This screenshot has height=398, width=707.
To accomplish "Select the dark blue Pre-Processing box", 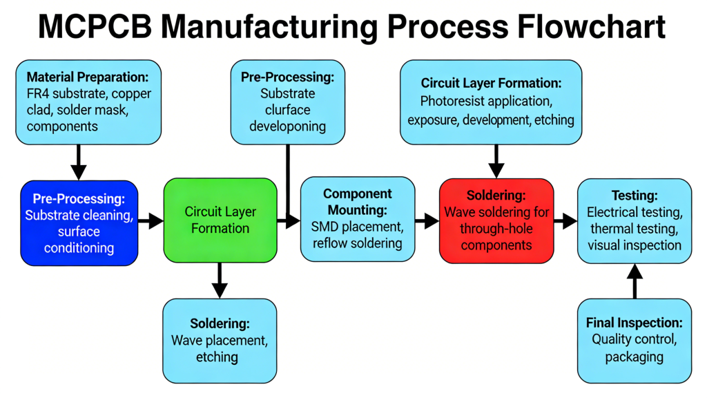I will point(79,222).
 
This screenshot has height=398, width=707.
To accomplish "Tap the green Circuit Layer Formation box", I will point(220,220).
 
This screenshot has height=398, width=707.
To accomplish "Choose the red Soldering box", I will point(496,220).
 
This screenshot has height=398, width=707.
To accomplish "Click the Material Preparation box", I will point(88,102).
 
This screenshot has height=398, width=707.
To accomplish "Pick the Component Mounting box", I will point(357,218).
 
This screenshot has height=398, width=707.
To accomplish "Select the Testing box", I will point(634,220).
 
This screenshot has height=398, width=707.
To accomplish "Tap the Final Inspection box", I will point(634,340).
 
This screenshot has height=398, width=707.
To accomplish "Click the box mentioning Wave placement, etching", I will point(220,340).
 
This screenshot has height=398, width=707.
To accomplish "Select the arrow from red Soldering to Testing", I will point(565,221).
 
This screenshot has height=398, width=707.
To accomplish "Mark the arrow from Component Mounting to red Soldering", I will point(427,221).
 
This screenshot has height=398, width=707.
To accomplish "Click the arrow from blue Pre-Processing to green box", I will point(151,221).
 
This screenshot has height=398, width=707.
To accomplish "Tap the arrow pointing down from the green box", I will point(220,281).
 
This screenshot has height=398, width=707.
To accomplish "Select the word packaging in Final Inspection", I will point(634,357).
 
